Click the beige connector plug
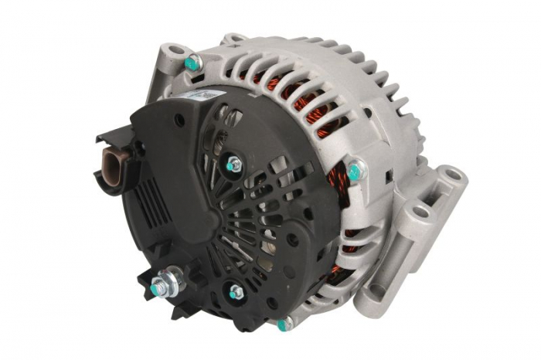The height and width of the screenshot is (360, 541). [111, 164]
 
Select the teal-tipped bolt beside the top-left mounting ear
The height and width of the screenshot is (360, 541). [193, 62]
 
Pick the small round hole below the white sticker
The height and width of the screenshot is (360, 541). [179, 121]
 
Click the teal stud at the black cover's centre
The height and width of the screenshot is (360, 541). [233, 164]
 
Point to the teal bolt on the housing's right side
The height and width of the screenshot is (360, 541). [355, 172]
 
